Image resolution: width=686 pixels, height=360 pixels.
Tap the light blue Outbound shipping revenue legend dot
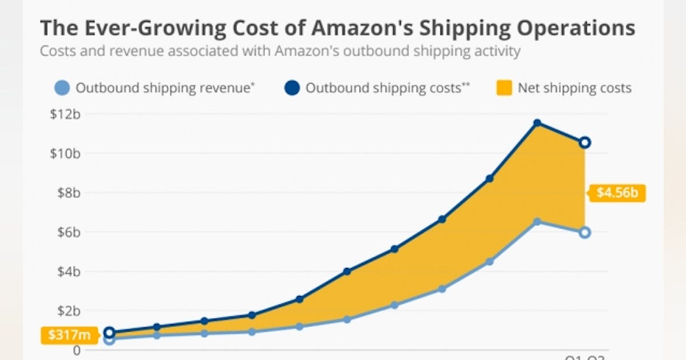[63, 88]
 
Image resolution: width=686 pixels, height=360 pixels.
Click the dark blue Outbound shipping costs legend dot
[292, 88]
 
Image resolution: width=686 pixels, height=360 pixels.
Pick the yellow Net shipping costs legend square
[504, 88]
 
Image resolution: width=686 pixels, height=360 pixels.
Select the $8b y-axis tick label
[69, 193]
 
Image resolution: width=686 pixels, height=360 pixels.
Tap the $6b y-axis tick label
[69, 232]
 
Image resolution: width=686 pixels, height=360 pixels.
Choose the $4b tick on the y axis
[69, 271]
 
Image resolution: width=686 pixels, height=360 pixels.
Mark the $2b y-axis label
[69, 311]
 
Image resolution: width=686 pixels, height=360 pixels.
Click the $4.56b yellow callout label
[617, 193]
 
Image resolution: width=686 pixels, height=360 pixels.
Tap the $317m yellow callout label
[65, 335]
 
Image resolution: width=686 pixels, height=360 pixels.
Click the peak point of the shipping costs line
[537, 123]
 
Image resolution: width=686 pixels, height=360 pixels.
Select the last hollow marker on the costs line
[584, 142]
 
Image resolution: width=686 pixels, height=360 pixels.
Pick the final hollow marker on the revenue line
[584, 233]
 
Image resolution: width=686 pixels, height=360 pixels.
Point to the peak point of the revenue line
[537, 221]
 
